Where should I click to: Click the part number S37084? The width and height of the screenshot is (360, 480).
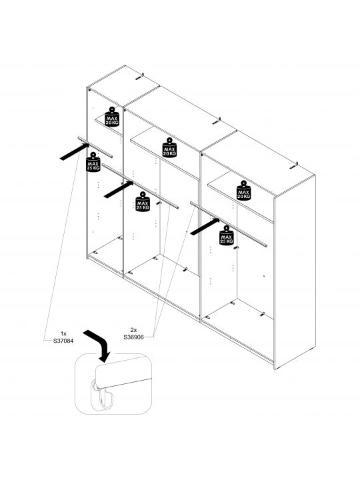click(63, 341)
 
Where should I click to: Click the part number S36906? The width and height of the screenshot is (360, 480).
click(134, 337)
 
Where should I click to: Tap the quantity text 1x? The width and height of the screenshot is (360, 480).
click(63, 334)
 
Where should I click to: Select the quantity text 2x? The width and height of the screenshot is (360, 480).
click(133, 330)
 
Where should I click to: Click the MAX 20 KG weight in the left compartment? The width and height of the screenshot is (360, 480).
click(112, 117)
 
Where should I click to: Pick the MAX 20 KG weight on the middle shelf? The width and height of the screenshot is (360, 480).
click(169, 147)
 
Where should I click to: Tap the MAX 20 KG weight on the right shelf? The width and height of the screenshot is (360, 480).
click(244, 191)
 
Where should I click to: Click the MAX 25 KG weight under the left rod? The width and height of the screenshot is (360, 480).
click(93, 162)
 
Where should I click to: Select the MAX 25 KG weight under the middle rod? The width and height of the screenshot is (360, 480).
click(143, 201)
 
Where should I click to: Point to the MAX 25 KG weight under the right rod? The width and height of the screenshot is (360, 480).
click(227, 235)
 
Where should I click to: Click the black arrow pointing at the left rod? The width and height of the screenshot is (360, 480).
click(75, 151)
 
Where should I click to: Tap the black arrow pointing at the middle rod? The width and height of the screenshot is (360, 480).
click(119, 189)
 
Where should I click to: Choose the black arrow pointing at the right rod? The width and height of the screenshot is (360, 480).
click(205, 227)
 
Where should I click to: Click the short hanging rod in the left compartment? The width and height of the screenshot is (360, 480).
click(95, 147)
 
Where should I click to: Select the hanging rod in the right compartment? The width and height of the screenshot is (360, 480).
click(229, 224)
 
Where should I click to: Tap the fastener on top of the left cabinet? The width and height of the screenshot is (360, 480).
click(139, 77)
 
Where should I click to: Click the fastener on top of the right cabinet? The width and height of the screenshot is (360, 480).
click(294, 166)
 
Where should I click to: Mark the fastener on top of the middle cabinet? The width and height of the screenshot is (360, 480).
click(217, 121)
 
